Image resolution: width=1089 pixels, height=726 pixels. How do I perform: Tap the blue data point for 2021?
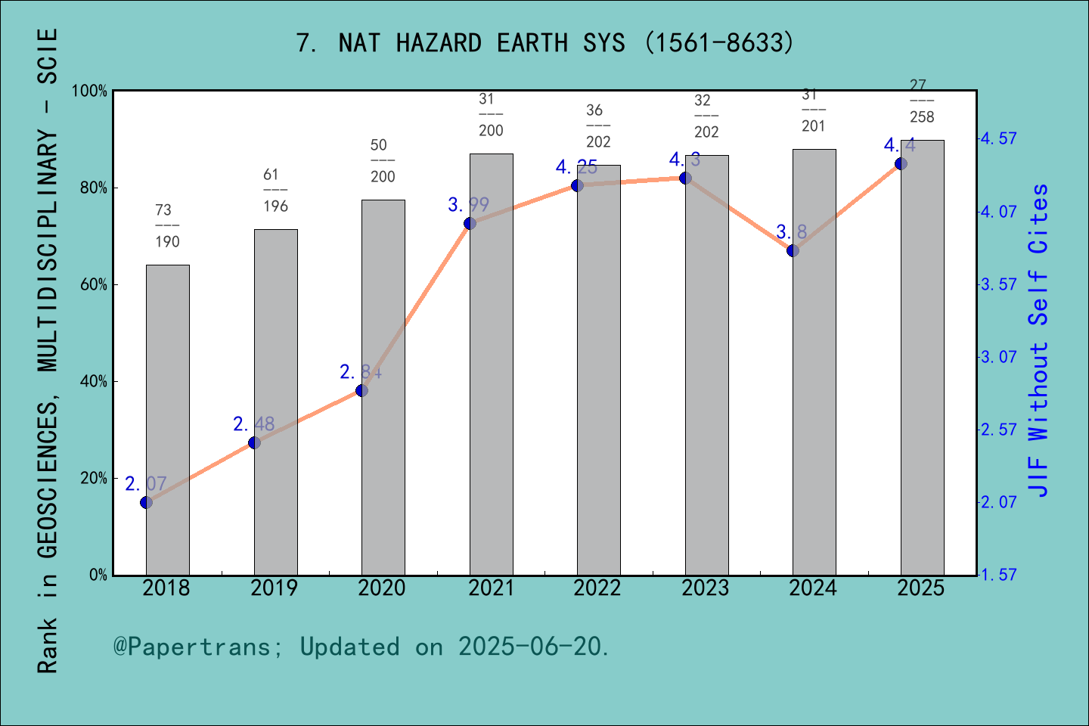(470, 223)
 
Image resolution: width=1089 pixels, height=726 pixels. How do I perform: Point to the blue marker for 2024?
(793, 250)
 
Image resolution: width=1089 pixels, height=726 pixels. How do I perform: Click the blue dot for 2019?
(254, 442)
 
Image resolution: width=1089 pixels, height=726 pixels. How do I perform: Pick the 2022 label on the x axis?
(597, 588)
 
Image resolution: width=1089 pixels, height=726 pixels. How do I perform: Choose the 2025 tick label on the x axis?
(921, 588)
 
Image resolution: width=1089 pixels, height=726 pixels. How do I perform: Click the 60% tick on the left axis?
(94, 285)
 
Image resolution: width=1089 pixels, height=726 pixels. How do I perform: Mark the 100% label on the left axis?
(90, 92)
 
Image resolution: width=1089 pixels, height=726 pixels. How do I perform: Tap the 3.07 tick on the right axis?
(998, 357)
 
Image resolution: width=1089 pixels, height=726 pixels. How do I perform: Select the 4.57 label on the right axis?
(998, 139)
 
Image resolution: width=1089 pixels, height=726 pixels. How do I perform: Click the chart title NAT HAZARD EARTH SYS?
(544, 43)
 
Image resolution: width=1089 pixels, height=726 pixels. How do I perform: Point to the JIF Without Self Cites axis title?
(1039, 340)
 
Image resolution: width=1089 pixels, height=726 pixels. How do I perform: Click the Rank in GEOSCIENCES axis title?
(47, 352)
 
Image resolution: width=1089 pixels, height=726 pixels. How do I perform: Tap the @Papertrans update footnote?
(361, 647)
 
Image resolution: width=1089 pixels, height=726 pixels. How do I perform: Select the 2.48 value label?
(254, 424)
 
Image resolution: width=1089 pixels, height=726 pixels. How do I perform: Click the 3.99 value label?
(469, 205)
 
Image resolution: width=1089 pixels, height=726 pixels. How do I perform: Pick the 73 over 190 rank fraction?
(167, 225)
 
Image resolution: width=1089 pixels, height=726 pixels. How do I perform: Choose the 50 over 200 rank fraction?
(383, 160)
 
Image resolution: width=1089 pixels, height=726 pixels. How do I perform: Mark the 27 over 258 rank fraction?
(922, 101)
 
